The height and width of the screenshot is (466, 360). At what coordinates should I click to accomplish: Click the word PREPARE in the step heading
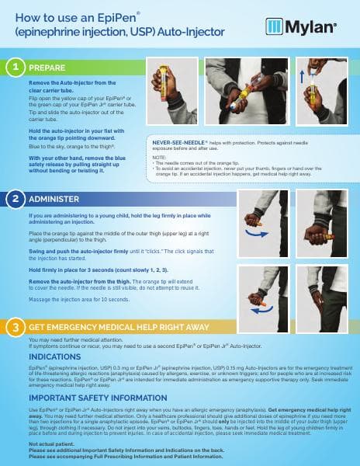[48, 68]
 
